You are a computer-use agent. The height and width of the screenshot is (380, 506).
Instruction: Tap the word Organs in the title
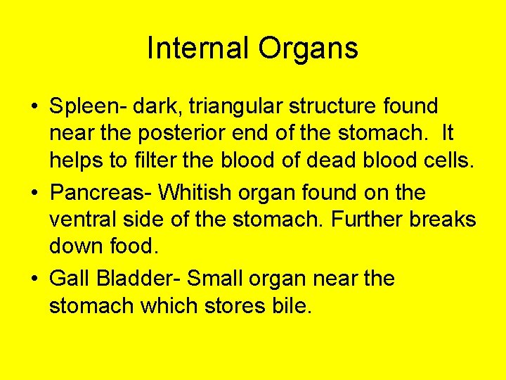pyautogui.click(x=309, y=49)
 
